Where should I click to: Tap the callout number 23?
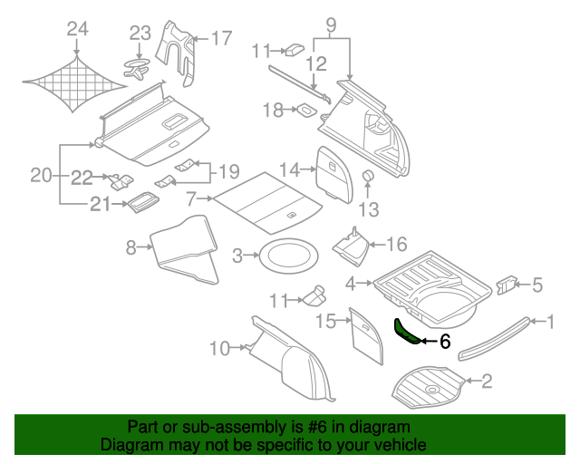[139, 34]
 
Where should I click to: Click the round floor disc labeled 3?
[287, 256]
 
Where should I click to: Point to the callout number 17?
[222, 39]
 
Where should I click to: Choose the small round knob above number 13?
[369, 174]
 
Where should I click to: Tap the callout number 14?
[288, 169]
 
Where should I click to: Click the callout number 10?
[219, 347]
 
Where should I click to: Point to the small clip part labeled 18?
[308, 112]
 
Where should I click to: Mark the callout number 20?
[41, 175]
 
